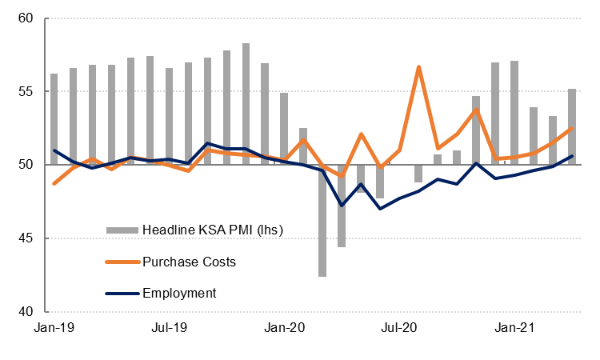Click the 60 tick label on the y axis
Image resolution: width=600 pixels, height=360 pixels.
[30, 18]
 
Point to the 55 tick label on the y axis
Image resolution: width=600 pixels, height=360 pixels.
[30, 92]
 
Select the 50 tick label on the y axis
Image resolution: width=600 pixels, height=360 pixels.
[30, 165]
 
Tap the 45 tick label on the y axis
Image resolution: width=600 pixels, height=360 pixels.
[30, 238]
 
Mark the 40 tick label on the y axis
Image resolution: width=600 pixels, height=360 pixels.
[30, 312]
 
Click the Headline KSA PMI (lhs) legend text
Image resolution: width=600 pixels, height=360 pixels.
[213, 230]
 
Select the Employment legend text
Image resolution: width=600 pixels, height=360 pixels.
[180, 293]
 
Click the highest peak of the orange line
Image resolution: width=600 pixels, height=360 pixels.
[418, 67]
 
